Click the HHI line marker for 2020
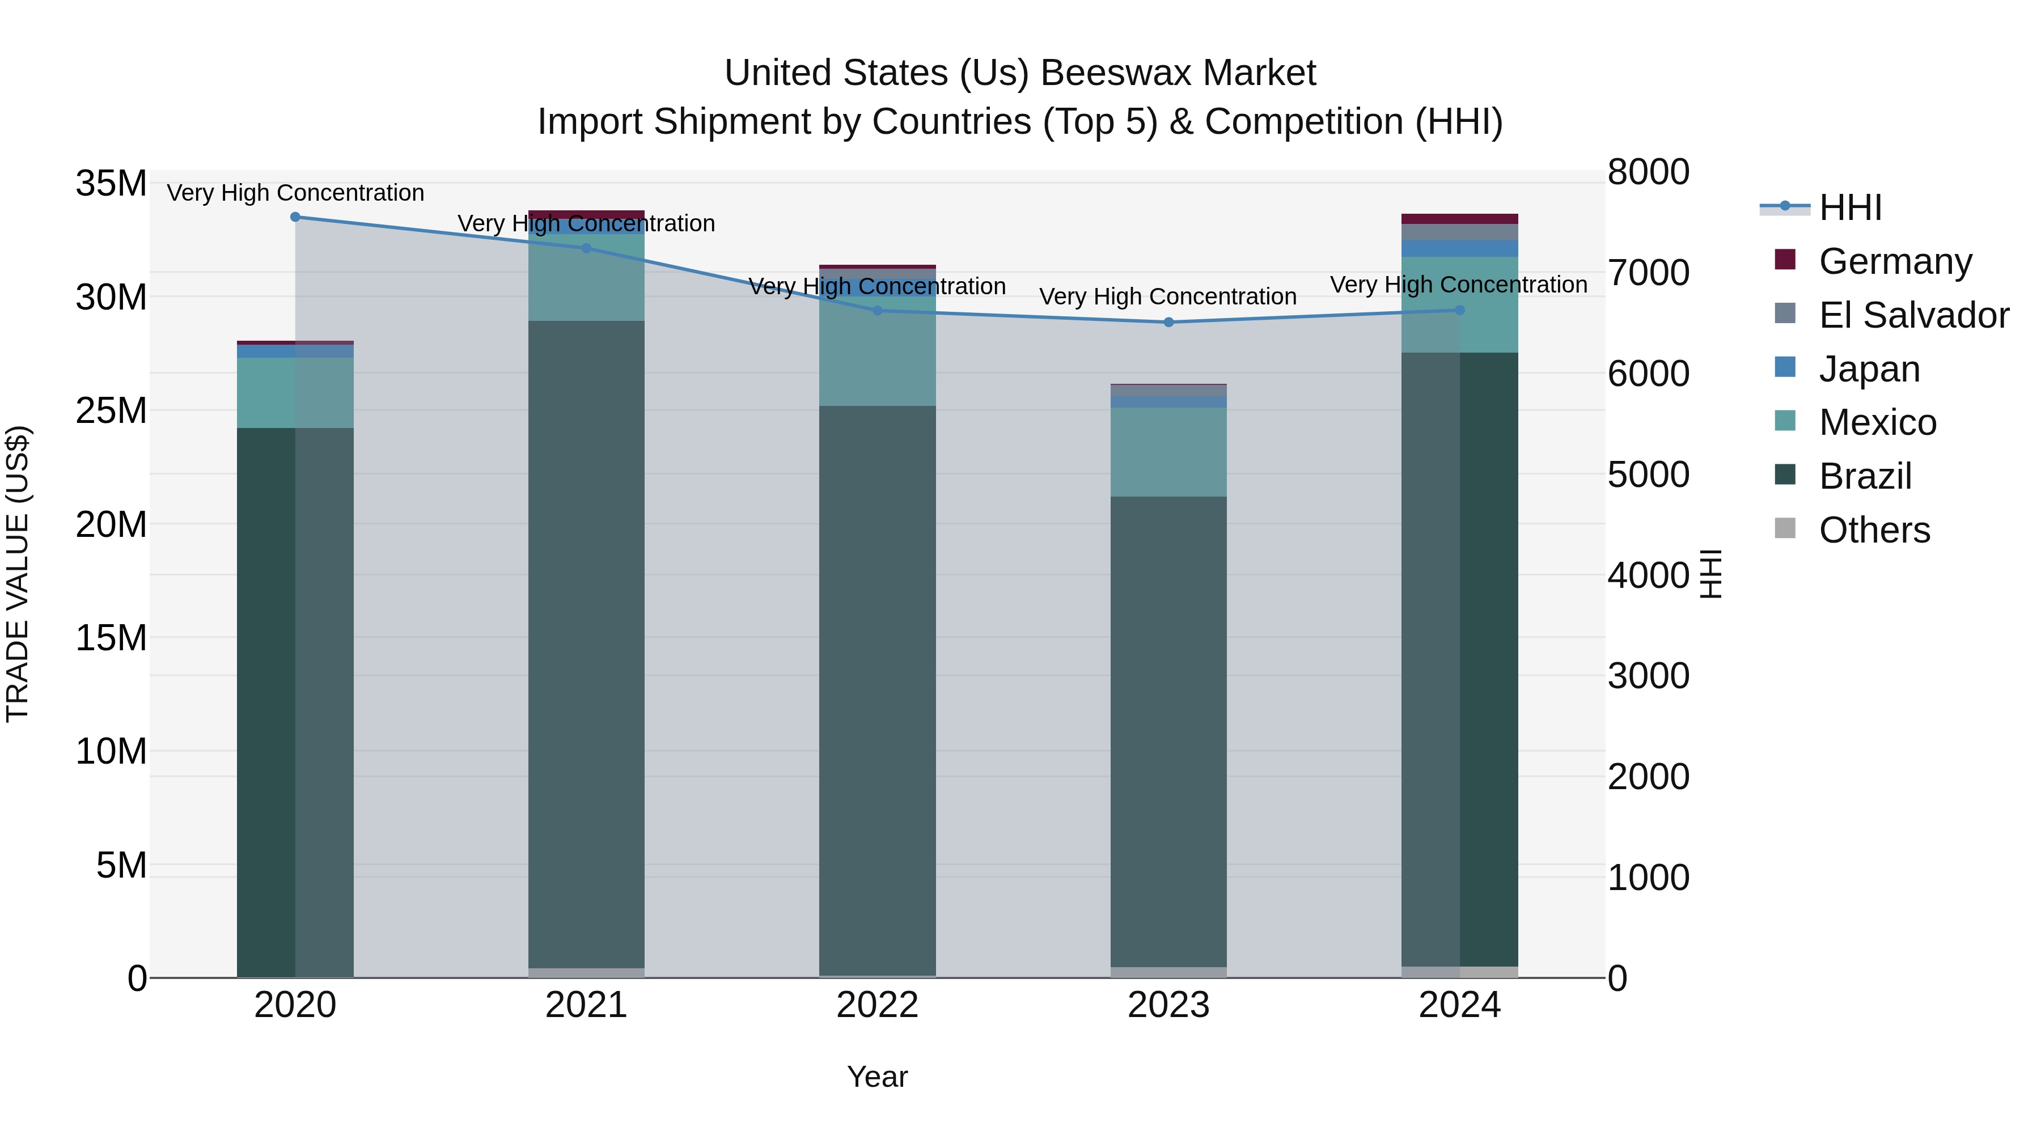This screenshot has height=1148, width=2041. point(295,217)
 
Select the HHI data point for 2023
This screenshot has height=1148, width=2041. point(1168,323)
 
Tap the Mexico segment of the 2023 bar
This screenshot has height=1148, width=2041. point(1168,452)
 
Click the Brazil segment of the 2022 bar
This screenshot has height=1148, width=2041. point(877,689)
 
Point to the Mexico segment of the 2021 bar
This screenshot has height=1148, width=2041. point(586,277)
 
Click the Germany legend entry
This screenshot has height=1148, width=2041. point(1894,261)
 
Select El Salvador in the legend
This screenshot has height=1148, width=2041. point(1913,315)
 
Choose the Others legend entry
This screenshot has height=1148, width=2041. point(1873,530)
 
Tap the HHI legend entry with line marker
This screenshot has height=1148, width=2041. point(1849,207)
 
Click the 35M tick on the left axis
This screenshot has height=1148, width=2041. point(111,184)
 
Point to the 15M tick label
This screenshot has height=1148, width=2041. point(111,638)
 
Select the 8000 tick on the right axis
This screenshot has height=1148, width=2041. point(1648,173)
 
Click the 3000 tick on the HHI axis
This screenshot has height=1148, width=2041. point(1648,676)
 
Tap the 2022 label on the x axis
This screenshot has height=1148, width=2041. point(877,1005)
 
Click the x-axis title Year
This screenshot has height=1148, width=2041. point(877,1077)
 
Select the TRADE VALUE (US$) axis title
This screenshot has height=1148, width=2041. point(18,574)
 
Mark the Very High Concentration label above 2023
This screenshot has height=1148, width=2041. point(1168,297)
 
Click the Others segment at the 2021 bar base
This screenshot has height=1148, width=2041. point(586,973)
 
